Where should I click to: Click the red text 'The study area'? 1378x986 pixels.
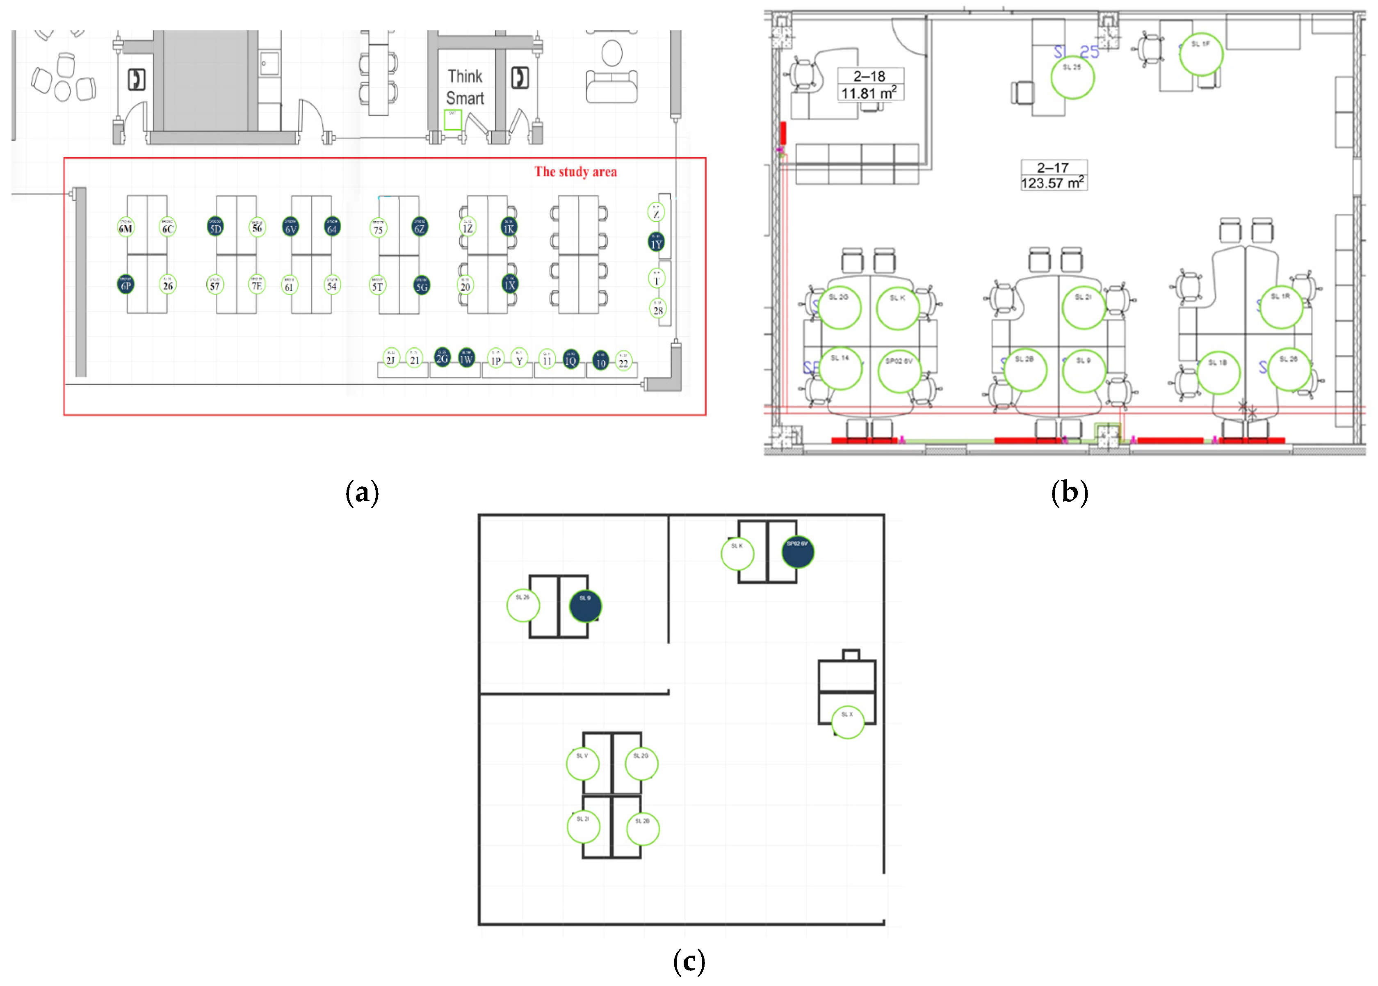575,172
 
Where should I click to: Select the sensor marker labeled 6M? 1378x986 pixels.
125,227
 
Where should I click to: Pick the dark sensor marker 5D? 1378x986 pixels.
215,227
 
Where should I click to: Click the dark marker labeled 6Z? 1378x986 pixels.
420,227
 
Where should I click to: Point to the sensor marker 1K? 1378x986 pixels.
509,227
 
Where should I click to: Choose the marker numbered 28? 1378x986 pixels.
658,308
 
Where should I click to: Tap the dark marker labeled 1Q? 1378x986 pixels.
570,359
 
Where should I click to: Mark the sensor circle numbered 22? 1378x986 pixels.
623,361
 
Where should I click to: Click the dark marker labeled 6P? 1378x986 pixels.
125,284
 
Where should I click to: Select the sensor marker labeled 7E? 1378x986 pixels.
257,284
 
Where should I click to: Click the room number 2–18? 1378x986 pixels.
869,76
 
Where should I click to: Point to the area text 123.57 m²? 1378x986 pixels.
1053,183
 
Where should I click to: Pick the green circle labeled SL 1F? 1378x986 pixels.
1201,55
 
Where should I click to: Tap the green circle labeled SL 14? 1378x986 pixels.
840,368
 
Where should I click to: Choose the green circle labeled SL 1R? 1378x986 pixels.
1281,307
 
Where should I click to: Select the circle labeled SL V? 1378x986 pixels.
582,763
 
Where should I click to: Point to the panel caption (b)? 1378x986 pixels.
1069,492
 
